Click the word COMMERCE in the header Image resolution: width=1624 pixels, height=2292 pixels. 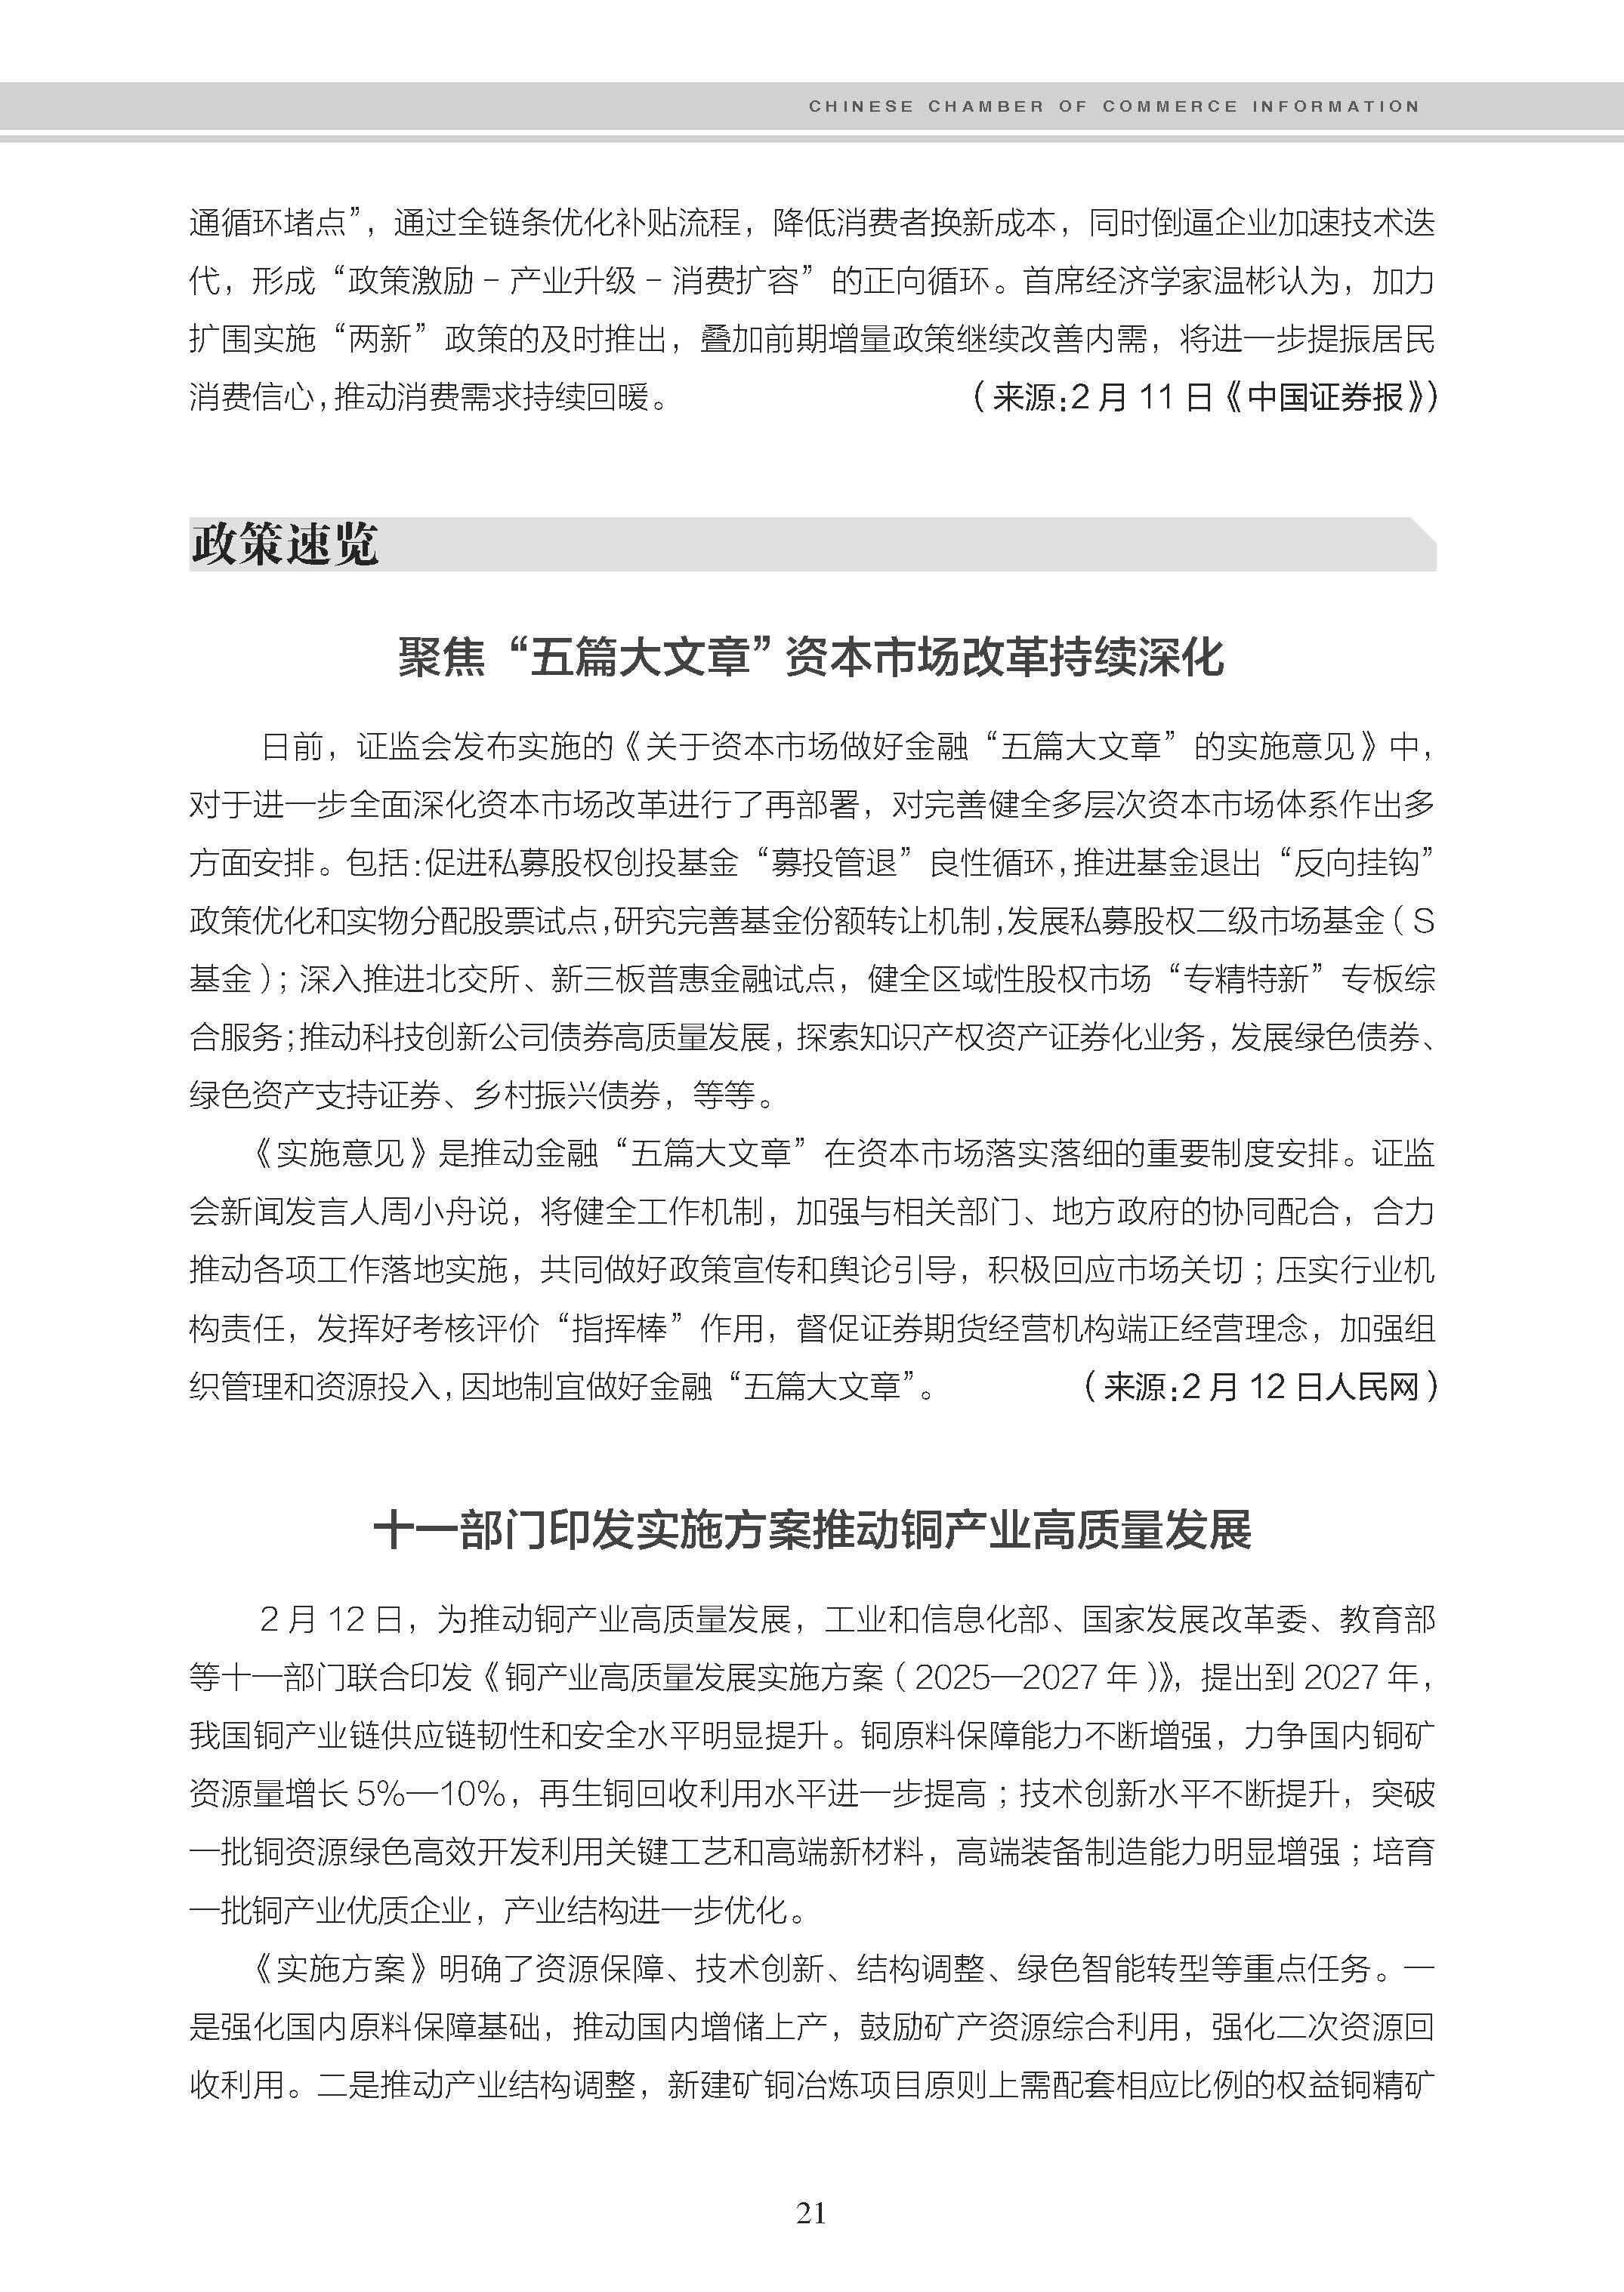[1170, 106]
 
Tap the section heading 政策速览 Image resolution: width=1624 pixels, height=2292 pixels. [285, 545]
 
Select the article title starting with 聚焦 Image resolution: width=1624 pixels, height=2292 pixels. [811, 658]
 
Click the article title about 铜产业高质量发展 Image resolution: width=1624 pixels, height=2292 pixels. [811, 1530]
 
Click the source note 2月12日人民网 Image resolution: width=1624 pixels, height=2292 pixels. [1300, 1386]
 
